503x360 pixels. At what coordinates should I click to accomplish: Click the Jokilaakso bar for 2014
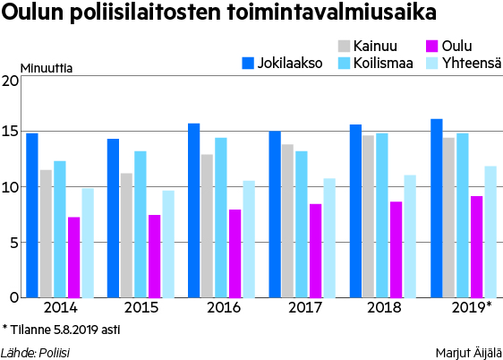click(32, 215)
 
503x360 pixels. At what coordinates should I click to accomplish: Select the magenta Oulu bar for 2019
click(477, 247)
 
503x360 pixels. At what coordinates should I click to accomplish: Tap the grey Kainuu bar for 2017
click(287, 221)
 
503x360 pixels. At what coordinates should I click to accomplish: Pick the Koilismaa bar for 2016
click(221, 218)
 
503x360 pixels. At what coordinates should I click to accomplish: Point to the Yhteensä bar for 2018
click(410, 236)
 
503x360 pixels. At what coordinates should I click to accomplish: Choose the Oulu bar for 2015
click(154, 256)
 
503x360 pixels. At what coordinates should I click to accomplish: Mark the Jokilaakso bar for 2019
click(437, 209)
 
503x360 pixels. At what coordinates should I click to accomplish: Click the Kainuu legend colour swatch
click(344, 46)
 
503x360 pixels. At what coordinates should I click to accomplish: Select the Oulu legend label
click(456, 46)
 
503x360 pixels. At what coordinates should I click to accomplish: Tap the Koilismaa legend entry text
click(383, 64)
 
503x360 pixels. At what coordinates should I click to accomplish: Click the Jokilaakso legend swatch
click(248, 64)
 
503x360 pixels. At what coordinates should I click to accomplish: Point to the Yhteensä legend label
click(472, 64)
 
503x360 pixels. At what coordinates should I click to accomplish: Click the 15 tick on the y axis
click(10, 132)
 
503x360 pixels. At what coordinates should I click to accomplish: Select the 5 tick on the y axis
click(14, 243)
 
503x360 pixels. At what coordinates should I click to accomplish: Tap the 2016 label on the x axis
click(224, 307)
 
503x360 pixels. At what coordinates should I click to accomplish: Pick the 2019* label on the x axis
click(472, 307)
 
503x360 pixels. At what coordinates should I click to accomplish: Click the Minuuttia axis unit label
click(47, 68)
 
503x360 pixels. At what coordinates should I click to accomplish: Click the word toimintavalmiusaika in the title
click(332, 13)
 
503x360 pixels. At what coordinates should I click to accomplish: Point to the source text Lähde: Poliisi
click(35, 353)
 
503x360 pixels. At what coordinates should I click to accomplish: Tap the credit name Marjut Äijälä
click(469, 353)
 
